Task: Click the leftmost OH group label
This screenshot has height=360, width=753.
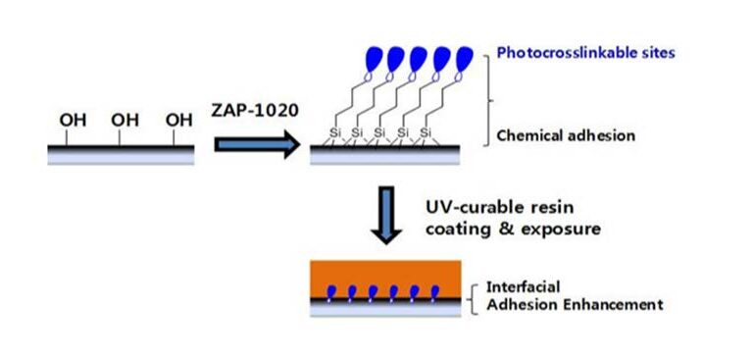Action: pos(74,121)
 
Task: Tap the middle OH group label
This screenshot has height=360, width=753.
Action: pos(125,121)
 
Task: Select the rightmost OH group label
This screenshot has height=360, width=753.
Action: pos(177,121)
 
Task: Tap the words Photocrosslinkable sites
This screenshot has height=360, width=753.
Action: pos(585,52)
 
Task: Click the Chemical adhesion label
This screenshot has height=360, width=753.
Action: pos(564,136)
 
